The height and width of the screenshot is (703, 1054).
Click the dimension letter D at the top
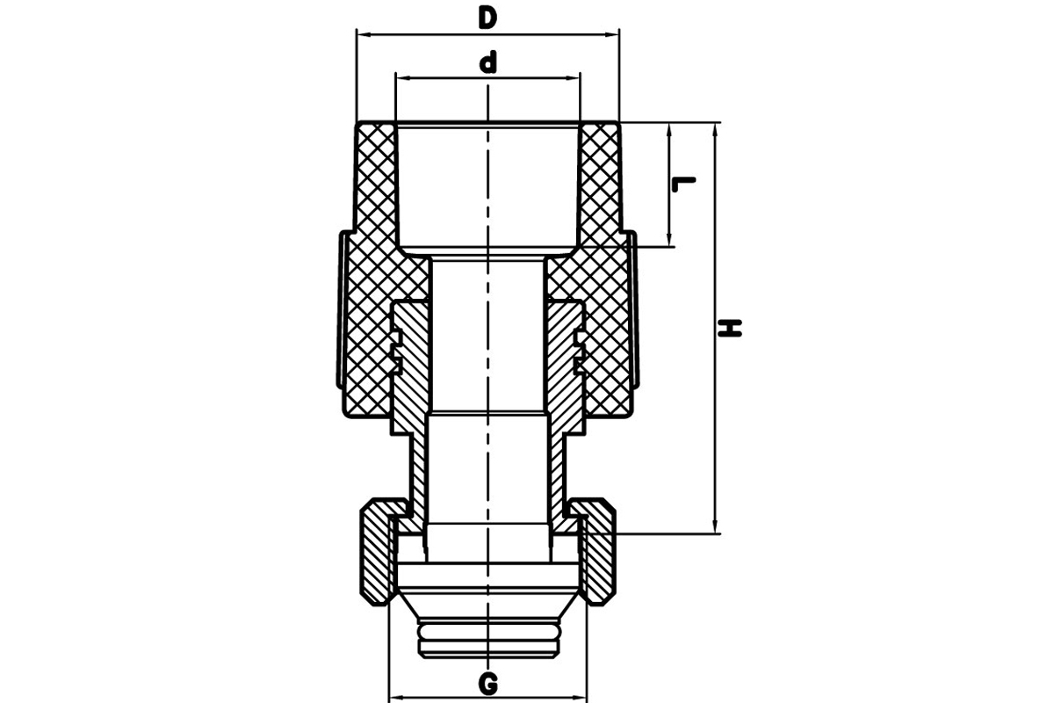click(487, 18)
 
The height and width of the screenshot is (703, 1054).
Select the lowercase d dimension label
click(488, 63)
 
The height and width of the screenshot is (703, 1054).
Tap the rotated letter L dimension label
click(683, 185)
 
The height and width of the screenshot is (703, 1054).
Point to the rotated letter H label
click(729, 328)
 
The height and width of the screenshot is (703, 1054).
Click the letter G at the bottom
click(488, 685)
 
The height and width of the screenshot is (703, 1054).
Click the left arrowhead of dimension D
click(365, 34)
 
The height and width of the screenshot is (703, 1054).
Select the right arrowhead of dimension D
click(611, 34)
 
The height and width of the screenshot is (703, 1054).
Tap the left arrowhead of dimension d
click(403, 77)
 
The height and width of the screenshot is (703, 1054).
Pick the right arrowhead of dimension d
click(573, 77)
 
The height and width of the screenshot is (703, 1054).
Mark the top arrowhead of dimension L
click(668, 130)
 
